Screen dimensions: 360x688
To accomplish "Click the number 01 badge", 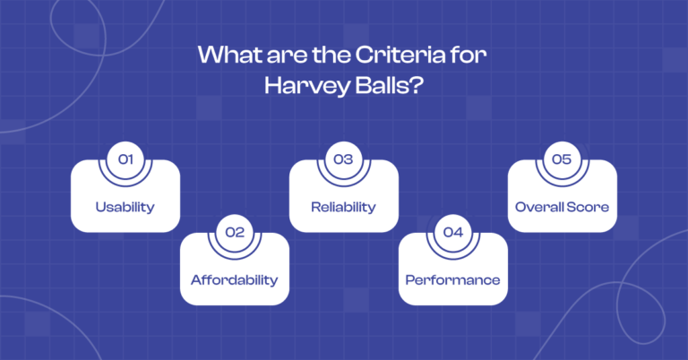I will (x=125, y=159).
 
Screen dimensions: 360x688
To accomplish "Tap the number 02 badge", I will (x=235, y=232).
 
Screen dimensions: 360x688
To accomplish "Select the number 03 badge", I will (x=343, y=159).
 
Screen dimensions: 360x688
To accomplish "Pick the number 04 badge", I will (x=452, y=232).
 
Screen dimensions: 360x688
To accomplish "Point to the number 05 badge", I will (x=562, y=159).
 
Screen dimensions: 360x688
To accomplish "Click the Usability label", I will (x=125, y=207).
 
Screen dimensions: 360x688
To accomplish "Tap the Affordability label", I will (x=235, y=279).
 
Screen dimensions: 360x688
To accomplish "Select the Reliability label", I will (x=343, y=207).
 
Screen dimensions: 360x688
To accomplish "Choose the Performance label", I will (x=452, y=279).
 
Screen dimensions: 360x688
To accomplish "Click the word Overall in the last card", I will (x=540, y=207).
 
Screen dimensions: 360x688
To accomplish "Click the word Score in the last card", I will (x=589, y=207).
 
